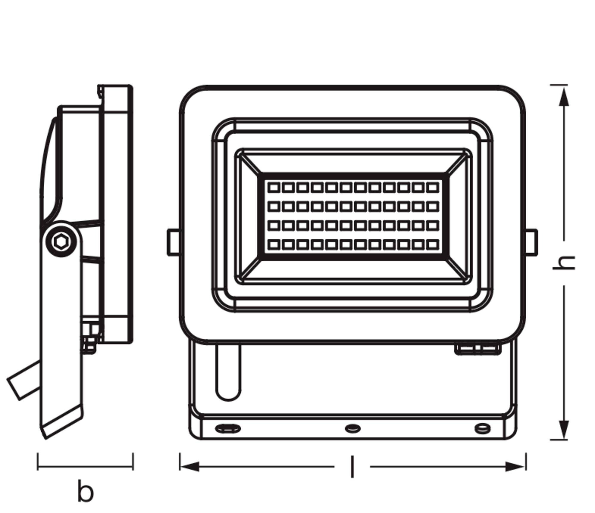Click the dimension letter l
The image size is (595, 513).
(352, 467)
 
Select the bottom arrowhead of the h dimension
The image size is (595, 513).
(564, 429)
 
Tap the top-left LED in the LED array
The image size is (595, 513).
(273, 187)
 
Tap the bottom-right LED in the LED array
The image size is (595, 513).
(432, 245)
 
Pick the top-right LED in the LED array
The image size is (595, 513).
(432, 187)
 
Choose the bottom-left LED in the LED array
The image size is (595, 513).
(273, 245)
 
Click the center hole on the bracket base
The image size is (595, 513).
(353, 428)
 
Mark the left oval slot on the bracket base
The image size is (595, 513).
(228, 428)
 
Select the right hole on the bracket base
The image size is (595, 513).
(482, 428)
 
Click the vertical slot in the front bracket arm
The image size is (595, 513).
(228, 372)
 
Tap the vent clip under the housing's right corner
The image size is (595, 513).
(477, 349)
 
